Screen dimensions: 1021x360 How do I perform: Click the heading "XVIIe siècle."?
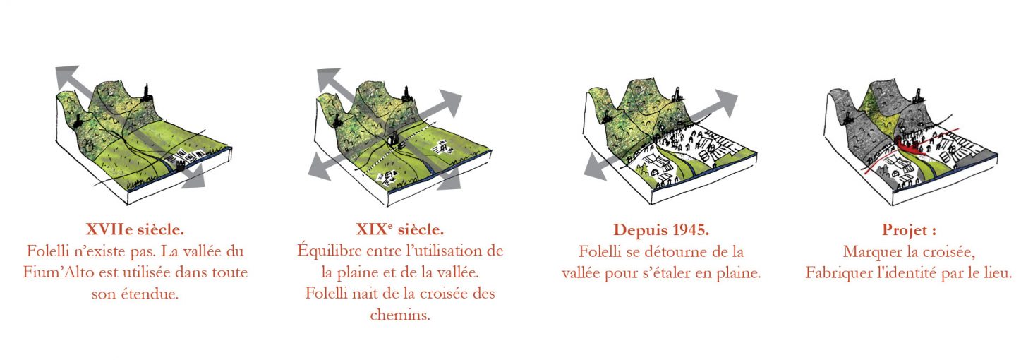pos(135,229)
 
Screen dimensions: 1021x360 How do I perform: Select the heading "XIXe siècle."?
pos(400,229)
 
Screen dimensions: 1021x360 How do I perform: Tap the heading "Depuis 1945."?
pos(661,229)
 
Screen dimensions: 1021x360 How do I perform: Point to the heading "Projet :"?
pos(909,230)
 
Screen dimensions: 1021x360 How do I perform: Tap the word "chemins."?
pos(400,316)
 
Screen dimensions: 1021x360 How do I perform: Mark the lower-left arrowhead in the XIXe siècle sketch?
pos(319,167)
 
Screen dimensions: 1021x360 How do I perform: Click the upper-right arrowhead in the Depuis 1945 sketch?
pos(725,100)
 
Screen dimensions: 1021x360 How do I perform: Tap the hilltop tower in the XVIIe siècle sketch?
pos(147,93)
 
